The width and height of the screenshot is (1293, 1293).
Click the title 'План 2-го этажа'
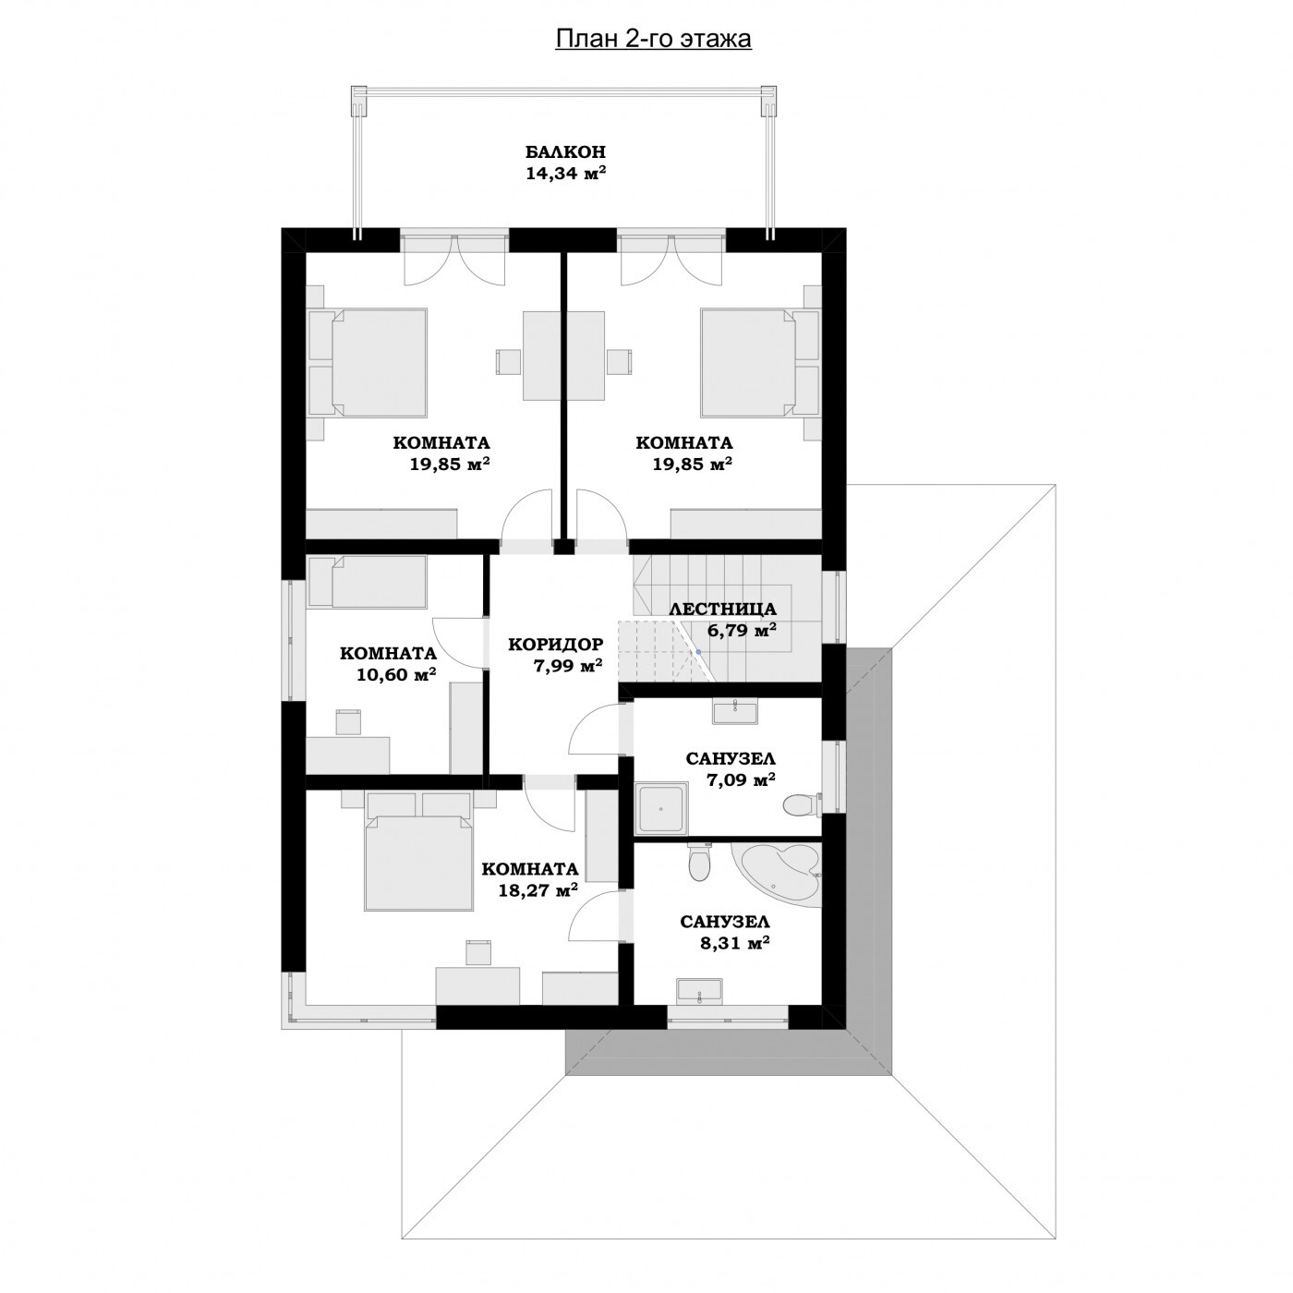click(653, 39)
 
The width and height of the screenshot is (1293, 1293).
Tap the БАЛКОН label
click(565, 151)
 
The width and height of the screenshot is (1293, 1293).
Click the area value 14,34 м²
click(565, 174)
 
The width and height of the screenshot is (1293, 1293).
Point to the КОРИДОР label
click(556, 644)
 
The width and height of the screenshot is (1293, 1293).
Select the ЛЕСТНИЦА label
click(723, 609)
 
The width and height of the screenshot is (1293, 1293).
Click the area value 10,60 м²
click(396, 673)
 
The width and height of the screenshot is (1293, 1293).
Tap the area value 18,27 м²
click(538, 889)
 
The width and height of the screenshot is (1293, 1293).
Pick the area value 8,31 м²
click(734, 942)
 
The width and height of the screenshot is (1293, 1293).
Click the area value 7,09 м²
click(741, 779)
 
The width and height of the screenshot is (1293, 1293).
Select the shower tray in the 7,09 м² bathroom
click(662, 807)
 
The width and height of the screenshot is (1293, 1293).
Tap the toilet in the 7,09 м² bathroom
click(803, 804)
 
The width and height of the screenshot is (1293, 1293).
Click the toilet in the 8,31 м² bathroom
click(699, 863)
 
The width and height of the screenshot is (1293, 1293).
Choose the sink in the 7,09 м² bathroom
click(735, 710)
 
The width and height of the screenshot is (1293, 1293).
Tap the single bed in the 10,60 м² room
click(367, 582)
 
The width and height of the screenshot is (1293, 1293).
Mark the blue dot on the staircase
click(698, 652)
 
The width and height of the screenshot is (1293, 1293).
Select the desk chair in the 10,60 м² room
click(348, 722)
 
